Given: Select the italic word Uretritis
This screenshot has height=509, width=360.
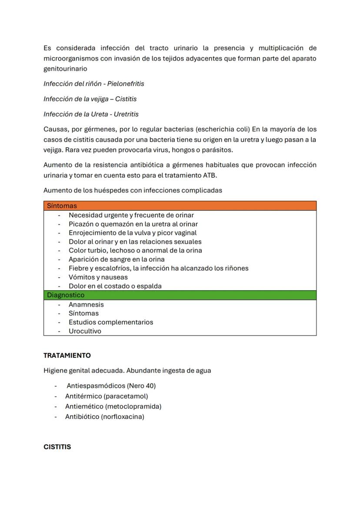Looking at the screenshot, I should pos(124,114).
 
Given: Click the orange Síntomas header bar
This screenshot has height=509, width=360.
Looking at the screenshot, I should pos(180,206).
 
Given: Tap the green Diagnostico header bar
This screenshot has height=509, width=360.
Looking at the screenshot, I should pos(180,295).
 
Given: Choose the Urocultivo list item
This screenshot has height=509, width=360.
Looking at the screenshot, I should pos(85,331).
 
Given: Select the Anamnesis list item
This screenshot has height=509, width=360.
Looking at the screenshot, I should pos(86,305).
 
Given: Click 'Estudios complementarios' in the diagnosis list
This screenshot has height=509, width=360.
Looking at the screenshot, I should pos(110,322).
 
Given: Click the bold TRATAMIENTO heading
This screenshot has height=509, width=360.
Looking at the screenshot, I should pos(67,355).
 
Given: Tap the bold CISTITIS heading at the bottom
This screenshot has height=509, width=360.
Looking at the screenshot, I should pos(57,447).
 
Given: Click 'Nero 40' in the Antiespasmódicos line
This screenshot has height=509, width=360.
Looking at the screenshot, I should pos(141,386).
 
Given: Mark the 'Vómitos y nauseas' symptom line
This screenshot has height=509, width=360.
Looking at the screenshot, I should pos(98,277).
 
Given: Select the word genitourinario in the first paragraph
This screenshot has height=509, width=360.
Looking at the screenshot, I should pos(65,69).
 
